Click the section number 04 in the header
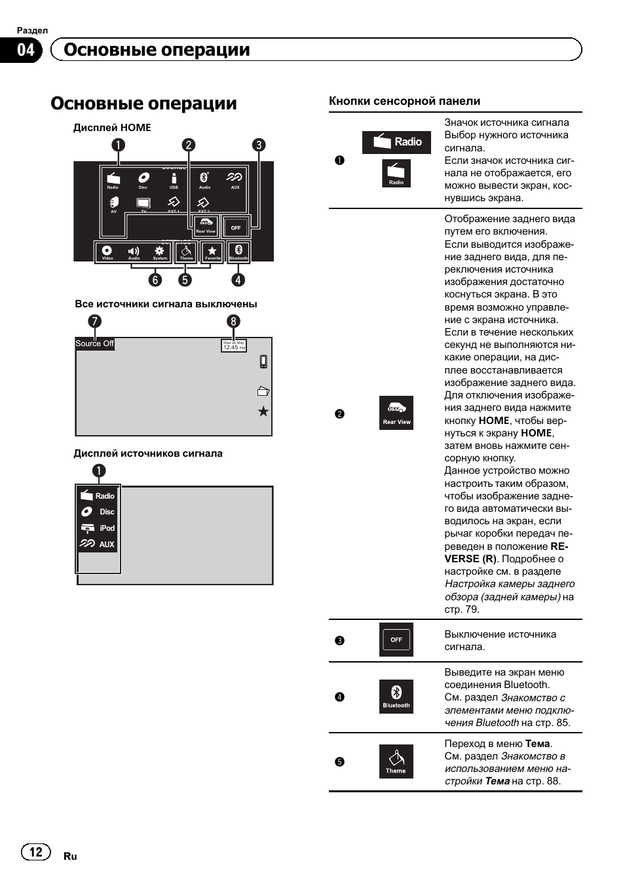[25, 50]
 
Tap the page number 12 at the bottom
[35, 851]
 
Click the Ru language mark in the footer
[70, 856]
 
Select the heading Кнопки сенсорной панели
[404, 101]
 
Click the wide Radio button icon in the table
[396, 142]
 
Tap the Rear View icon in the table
[396, 413]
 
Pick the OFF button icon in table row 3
[396, 640]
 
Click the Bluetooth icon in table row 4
[396, 697]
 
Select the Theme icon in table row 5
[396, 761]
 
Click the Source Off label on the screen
[94, 343]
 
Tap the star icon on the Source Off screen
[263, 412]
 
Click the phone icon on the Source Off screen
[263, 362]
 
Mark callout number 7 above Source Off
[95, 321]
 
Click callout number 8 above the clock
[233, 321]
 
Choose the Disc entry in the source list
[98, 512]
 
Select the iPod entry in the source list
[98, 528]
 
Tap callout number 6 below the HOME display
[155, 280]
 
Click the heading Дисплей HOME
[112, 127]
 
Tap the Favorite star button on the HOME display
[212, 252]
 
